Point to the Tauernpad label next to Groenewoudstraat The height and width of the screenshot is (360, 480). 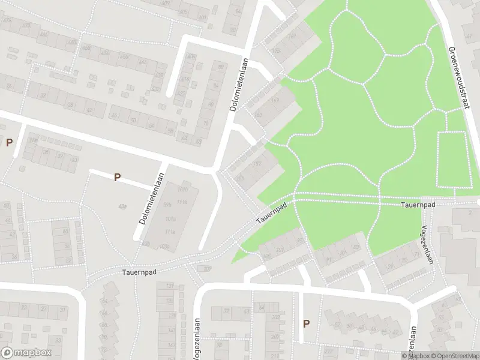418,205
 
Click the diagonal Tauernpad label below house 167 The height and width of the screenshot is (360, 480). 269,212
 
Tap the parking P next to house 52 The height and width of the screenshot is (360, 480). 306,323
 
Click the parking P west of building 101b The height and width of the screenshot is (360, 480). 118,177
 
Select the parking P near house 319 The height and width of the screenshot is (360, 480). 9,142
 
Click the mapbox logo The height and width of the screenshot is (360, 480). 26,353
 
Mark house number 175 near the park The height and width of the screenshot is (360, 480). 276,51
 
